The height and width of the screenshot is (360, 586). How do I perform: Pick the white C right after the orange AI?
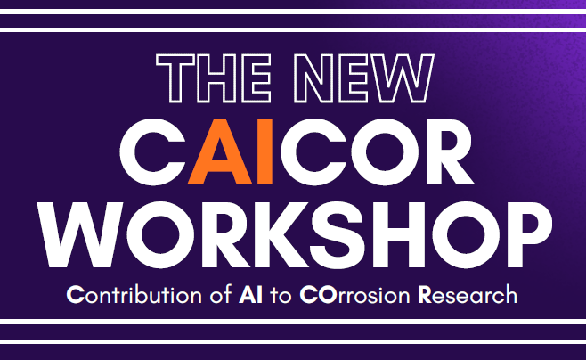tap(305, 149)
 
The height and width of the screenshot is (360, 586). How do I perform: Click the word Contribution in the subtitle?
tap(125, 295)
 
